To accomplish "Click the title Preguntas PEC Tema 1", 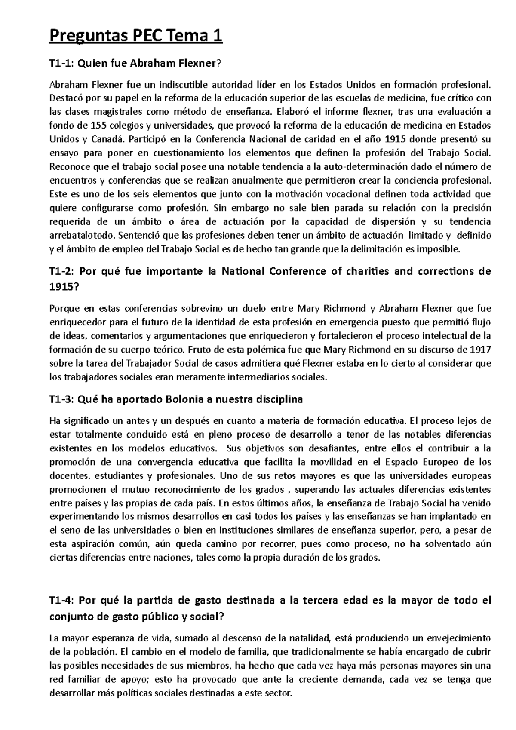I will tap(136, 36).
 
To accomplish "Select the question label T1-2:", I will tap(62, 272).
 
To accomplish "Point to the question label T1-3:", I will tap(62, 399).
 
